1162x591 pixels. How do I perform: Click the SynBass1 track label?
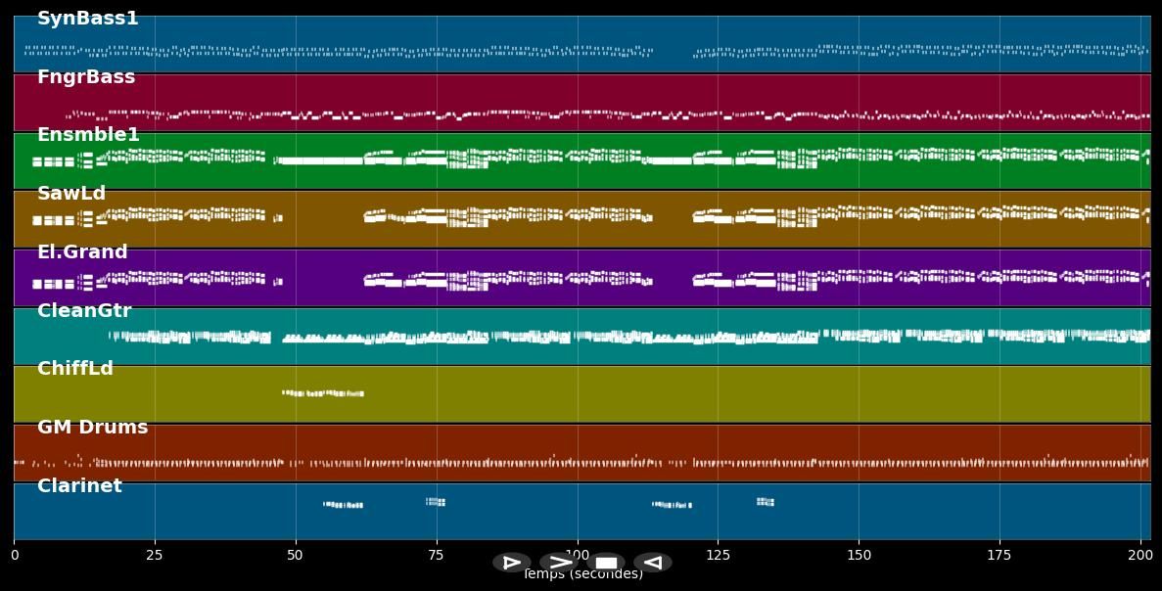coord(87,19)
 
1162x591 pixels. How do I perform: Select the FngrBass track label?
coord(86,77)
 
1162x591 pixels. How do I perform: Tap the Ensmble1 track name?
coord(88,135)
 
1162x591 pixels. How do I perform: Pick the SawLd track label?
coord(71,194)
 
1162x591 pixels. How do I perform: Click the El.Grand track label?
coord(82,252)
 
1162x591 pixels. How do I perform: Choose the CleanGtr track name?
coord(84,311)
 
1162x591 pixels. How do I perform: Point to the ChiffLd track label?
coord(75,369)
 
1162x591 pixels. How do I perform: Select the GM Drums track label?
coord(92,428)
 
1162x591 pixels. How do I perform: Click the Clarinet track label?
coord(79,486)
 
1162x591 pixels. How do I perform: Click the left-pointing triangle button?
coord(652,563)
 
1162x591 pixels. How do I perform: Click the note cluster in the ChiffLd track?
coord(323,393)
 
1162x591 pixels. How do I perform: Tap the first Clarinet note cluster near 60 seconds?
coord(344,505)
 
